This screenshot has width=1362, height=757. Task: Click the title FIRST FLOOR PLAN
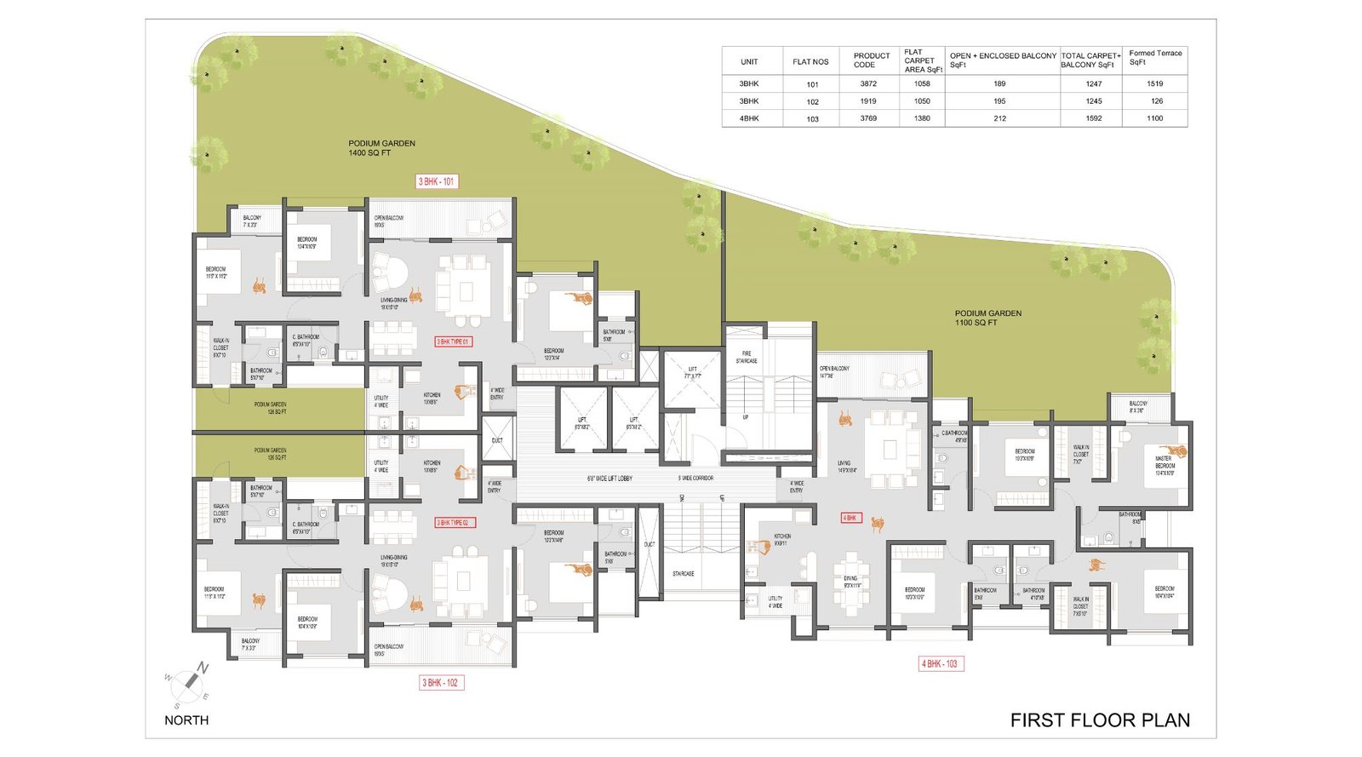pos(1099,720)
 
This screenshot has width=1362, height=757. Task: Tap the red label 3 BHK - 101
pos(437,181)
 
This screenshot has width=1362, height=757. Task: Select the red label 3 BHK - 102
pos(442,682)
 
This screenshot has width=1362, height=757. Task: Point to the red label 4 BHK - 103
pos(940,663)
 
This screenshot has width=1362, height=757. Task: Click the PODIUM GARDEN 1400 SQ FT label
pos(381,148)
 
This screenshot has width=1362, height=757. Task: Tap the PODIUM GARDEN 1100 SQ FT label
pos(987,318)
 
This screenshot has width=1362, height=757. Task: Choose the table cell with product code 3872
pos(867,83)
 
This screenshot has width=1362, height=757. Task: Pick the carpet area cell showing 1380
pos(922,118)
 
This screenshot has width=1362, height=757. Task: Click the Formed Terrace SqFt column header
pos(1154,58)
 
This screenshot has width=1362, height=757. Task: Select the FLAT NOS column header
pos(810,61)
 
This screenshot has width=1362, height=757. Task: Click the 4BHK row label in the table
pos(749,118)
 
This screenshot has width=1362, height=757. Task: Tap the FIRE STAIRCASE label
pos(747,357)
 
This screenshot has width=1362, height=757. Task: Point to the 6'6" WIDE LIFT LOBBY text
pos(609,479)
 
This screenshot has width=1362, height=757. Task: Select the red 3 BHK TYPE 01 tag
pos(453,341)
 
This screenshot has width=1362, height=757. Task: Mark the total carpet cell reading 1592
pos(1093,118)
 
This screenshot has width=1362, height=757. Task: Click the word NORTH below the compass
pos(186,720)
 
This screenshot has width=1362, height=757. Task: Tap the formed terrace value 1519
pos(1154,83)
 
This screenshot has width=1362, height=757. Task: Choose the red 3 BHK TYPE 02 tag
pos(455,523)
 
